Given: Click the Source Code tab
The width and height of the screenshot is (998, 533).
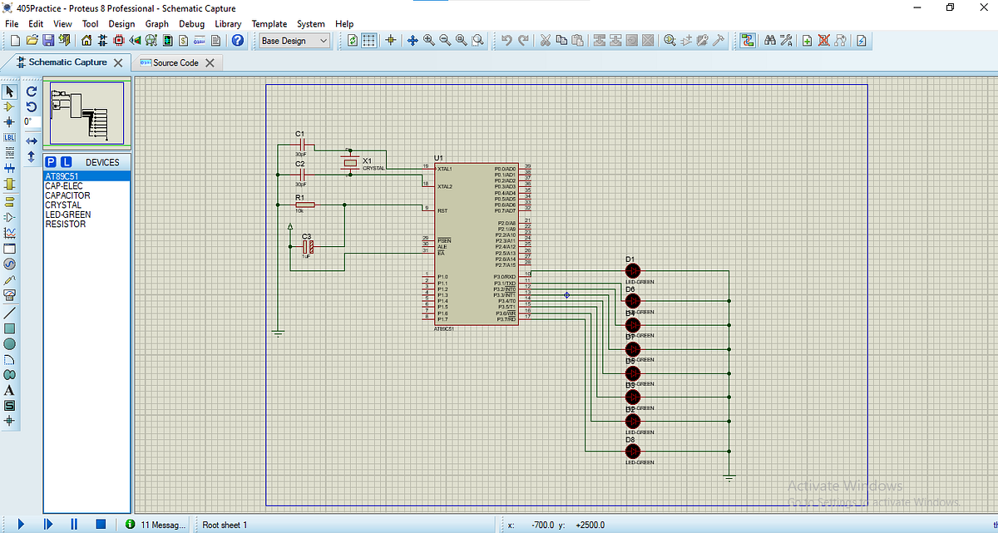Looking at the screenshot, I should pos(175,62).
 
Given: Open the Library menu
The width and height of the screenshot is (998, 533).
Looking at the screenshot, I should pos(228,24).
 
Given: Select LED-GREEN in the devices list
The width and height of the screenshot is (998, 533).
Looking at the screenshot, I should pos(68,215).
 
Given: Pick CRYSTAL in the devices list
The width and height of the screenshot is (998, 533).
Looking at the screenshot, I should pos(63,205).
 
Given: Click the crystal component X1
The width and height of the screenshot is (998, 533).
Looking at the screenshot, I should pos(350,162).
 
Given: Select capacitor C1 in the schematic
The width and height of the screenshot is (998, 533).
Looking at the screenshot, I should pos(302,145).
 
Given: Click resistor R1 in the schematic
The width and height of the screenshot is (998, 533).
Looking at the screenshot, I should pos(304,205).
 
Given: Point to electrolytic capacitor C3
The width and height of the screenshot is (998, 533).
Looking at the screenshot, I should pos(307,247).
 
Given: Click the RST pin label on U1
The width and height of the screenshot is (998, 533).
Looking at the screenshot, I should pos(442,211).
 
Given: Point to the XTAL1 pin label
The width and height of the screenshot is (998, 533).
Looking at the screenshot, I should pos(444,169).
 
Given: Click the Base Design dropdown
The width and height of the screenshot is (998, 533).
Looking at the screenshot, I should pos(294,41).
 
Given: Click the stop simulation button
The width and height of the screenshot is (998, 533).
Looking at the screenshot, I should pos(100,525).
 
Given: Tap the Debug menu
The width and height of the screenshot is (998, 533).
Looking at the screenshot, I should pos(191,24).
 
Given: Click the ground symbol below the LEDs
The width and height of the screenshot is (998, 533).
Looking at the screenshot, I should pos(729,477).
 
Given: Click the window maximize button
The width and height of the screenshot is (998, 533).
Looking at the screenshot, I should pos(950,7).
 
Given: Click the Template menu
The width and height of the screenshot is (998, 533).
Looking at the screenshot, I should pos(269,24).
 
